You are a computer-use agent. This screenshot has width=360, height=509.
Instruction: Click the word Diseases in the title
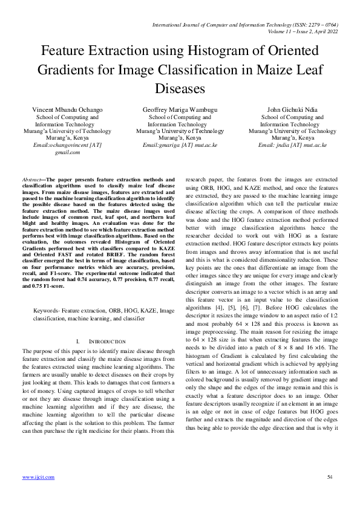click(x=180, y=89)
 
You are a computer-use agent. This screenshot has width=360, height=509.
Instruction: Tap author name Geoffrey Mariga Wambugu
click(x=180, y=109)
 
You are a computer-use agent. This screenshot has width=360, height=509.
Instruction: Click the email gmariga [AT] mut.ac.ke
click(x=180, y=145)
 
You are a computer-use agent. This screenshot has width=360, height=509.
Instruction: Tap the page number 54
click(x=330, y=477)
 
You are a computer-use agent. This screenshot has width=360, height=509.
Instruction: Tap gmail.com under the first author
click(x=67, y=152)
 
